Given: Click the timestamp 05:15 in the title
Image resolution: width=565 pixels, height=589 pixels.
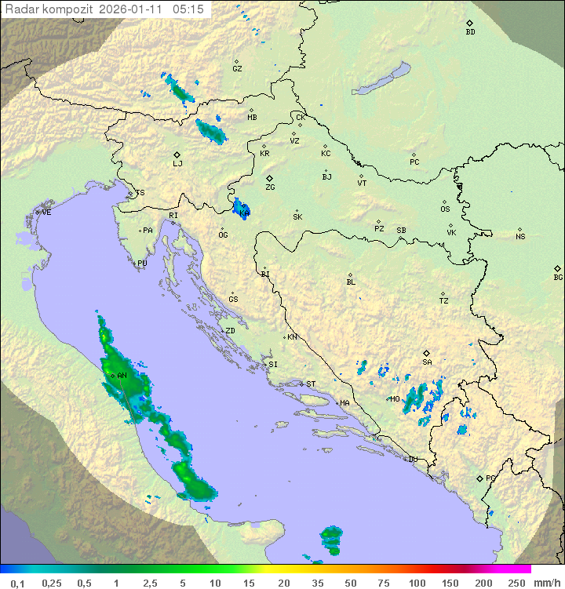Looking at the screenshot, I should coord(188,9).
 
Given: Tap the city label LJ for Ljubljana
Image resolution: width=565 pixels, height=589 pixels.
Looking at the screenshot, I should coord(177,163).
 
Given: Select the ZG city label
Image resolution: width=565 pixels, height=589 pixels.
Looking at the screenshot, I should coord(270,187).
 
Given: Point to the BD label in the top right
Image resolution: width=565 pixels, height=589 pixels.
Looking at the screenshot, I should coord(470,31).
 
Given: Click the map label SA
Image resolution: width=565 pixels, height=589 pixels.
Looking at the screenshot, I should coord(427,362).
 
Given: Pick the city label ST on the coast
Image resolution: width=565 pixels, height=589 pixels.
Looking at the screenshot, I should coord(311,384).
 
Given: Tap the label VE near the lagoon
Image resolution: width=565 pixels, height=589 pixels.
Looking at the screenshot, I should coord(46,213).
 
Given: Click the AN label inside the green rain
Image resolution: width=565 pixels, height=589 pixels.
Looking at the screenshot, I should coord(122,376).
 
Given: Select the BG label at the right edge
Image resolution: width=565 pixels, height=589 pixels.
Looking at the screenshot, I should coord(558,277).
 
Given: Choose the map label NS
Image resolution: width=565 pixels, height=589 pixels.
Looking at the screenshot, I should coord(520,237).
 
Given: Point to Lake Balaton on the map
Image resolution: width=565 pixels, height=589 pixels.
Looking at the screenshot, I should coord(381,79).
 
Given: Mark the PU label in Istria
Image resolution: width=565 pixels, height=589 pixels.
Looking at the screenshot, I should coord(142,264).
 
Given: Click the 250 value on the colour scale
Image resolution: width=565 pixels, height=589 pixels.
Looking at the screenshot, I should coord(516,583).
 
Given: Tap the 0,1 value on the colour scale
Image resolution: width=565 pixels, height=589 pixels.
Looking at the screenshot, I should coord(17,583).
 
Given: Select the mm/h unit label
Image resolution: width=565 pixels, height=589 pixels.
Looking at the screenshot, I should coord(546,583).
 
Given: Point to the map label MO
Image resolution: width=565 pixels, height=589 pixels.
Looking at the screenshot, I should coord(395,399).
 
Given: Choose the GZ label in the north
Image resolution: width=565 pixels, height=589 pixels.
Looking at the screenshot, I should coord(237,68).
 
